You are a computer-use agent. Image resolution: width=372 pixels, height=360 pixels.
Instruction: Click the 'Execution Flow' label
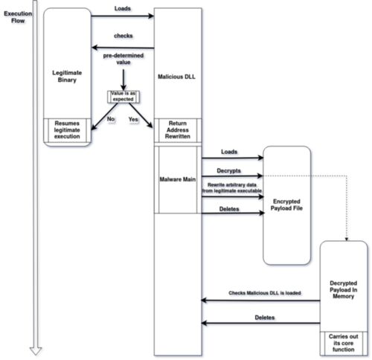18,17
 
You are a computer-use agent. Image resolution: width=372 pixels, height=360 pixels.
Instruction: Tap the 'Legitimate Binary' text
67,76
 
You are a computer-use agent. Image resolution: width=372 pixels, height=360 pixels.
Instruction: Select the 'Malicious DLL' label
176,77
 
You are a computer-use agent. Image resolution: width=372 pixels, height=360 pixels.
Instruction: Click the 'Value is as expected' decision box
124,97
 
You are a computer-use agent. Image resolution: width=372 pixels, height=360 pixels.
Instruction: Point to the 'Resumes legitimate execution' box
67,130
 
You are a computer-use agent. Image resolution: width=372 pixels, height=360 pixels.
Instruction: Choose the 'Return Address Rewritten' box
178,130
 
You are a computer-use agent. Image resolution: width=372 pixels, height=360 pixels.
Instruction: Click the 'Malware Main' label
178,179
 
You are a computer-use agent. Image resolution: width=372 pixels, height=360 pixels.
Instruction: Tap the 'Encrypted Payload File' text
286,205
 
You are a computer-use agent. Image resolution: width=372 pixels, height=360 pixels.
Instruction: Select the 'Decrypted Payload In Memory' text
344,289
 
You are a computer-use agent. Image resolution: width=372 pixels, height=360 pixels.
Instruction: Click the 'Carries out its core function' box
344,343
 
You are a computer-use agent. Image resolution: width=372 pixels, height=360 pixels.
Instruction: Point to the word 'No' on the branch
111,119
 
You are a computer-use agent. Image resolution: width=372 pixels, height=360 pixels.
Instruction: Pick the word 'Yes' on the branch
133,120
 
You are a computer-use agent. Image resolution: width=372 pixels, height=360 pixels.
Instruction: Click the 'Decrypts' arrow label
228,170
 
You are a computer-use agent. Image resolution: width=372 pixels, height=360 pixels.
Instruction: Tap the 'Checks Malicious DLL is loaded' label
265,293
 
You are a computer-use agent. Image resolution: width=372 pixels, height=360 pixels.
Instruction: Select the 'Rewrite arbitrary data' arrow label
232,184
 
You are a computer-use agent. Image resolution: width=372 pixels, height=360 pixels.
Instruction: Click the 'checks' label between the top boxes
124,36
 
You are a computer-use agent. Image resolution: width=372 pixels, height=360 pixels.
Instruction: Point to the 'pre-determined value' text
124,59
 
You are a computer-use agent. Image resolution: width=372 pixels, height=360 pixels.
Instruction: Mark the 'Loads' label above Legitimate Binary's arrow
123,8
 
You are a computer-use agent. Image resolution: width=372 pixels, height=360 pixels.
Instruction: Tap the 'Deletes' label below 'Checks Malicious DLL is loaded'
265,318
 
